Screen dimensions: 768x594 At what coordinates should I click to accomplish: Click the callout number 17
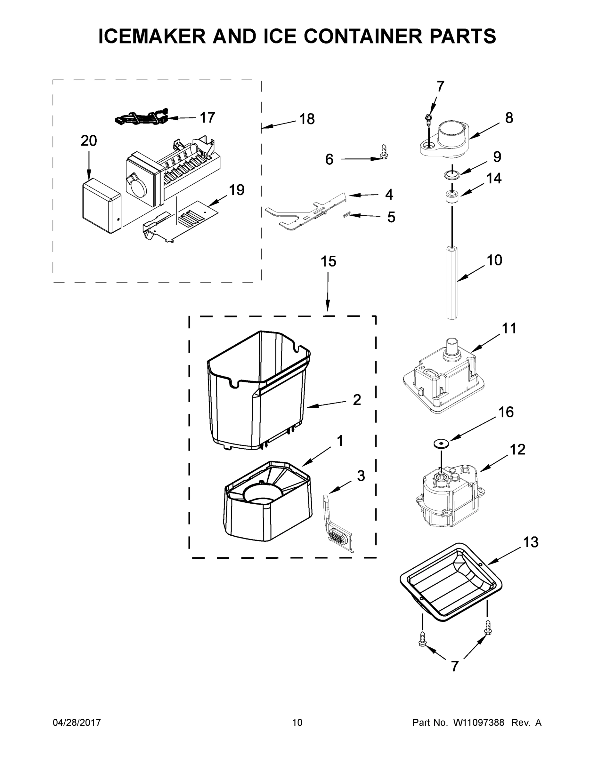(207, 117)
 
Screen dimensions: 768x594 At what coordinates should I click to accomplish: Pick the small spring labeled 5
(347, 215)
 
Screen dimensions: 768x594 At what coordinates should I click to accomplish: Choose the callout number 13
(531, 542)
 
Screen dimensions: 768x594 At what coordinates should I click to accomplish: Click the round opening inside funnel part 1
(262, 496)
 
